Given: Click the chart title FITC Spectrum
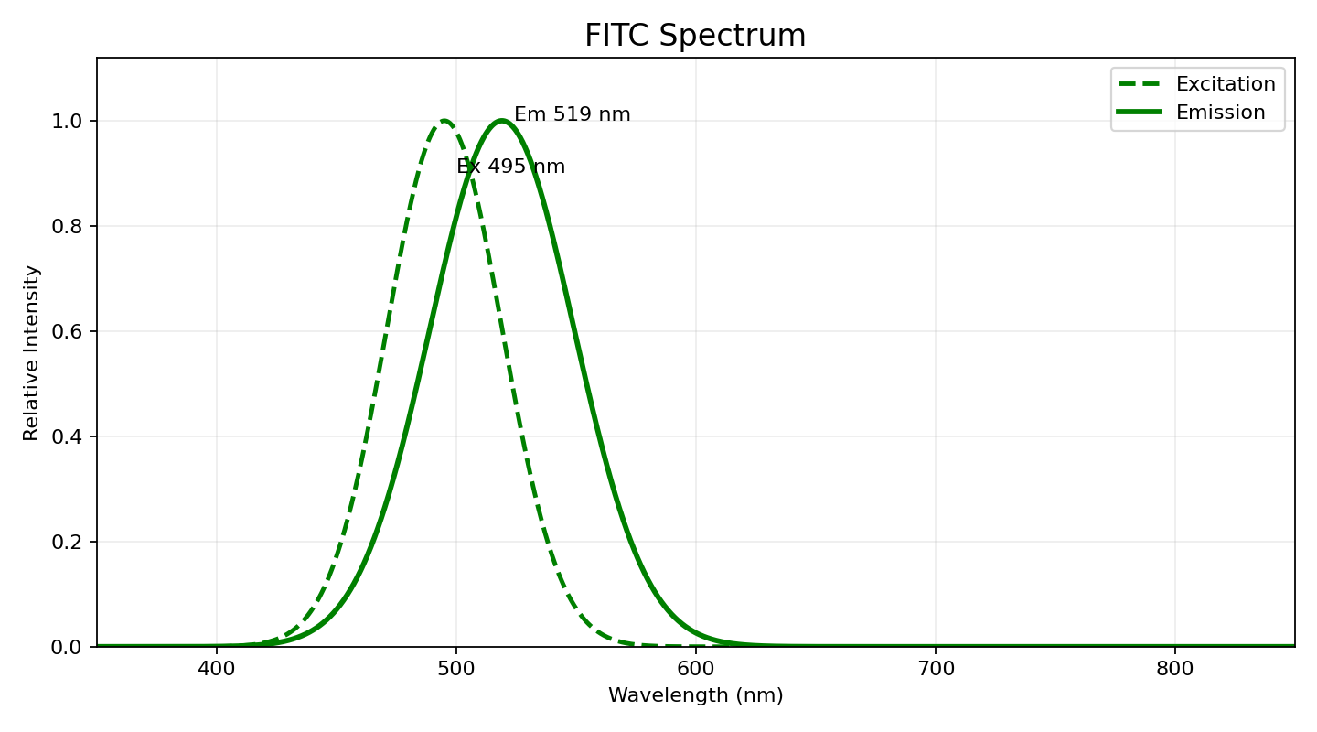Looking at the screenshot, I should [695, 36].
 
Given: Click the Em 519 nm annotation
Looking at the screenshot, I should [572, 115].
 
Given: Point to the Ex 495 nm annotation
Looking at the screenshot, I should [510, 167].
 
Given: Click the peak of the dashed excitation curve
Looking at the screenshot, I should [444, 121].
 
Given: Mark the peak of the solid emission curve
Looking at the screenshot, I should [501, 121].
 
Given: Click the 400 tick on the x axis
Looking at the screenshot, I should [217, 669].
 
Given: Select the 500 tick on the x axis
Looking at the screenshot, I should [456, 669].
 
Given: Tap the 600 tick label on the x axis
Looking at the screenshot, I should [696, 669].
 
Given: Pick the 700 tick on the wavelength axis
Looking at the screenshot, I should [936, 669].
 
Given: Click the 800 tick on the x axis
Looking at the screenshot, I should [1175, 669].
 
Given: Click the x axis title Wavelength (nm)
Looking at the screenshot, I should [695, 695].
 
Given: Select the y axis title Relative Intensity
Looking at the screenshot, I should [32, 352].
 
